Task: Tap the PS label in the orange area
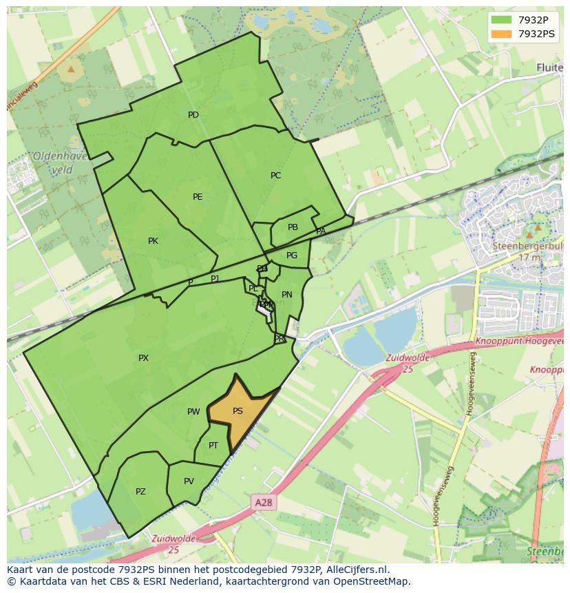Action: click(x=237, y=411)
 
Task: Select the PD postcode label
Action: click(x=193, y=115)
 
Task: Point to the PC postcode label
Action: click(x=275, y=176)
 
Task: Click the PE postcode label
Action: click(x=198, y=197)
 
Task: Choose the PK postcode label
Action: click(x=153, y=241)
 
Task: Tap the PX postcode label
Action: click(x=143, y=358)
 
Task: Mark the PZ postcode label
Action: click(x=140, y=492)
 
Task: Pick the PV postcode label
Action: click(x=189, y=481)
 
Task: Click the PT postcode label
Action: click(x=213, y=446)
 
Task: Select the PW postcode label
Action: click(x=193, y=412)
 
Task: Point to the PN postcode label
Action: click(x=287, y=295)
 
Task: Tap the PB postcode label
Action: click(x=293, y=227)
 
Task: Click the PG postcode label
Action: click(x=292, y=256)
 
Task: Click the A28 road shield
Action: click(x=263, y=503)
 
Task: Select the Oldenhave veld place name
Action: click(x=60, y=163)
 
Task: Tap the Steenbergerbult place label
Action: click(x=526, y=245)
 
